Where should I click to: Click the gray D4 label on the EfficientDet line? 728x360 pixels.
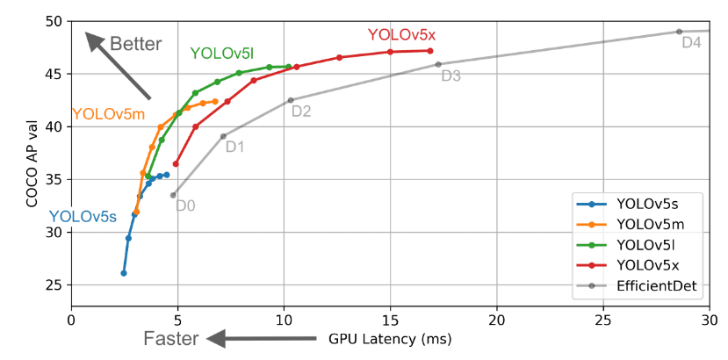click(691, 42)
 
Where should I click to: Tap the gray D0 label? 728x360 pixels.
click(185, 206)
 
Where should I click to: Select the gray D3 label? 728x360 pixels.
click(450, 76)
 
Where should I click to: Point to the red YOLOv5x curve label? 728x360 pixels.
click(401, 35)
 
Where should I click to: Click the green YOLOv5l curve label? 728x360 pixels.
click(221, 53)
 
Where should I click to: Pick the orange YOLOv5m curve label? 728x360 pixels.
click(108, 114)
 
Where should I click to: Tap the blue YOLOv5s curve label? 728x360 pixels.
click(83, 216)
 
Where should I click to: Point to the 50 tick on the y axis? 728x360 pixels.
click(54, 21)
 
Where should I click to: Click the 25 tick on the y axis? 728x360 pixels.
click(54, 285)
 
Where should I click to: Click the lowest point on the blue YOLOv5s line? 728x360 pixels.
click(124, 273)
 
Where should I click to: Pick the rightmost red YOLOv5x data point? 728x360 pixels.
click(430, 50)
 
